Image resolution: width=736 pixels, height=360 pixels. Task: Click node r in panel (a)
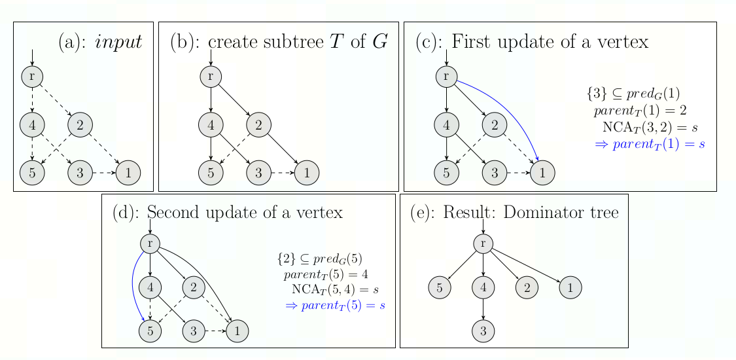32,76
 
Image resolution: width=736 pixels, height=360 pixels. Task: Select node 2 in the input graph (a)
80,124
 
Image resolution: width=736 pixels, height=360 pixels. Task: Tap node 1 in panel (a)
128,173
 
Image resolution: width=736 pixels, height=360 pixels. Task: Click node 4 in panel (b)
211,124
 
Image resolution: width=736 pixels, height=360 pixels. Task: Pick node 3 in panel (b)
259,173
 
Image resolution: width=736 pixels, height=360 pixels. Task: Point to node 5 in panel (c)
446,173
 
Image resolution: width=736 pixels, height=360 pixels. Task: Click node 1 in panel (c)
542,173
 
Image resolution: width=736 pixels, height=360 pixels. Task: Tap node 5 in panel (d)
150,331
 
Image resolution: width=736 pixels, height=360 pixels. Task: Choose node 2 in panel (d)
194,287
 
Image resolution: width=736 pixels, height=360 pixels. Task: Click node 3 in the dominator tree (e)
483,331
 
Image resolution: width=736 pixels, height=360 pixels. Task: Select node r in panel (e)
483,243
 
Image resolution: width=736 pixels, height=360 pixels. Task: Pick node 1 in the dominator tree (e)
570,287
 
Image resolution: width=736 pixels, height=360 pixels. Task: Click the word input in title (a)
118,43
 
